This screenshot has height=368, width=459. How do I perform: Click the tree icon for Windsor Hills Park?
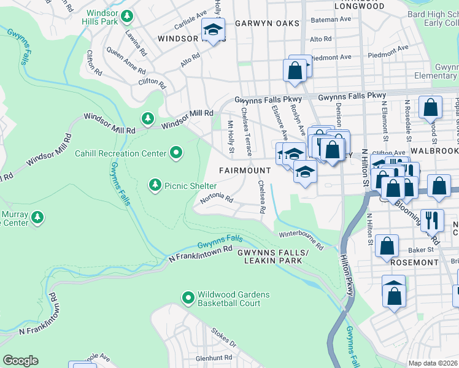tap(127, 16)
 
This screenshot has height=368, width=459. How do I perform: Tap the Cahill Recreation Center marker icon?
tap(177, 152)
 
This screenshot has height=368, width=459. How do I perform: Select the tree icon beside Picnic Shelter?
tap(155, 185)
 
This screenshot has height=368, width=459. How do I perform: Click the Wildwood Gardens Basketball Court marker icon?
tap(189, 298)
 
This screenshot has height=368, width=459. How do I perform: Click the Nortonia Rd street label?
tap(217, 199)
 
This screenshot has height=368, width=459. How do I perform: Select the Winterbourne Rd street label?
tap(301, 240)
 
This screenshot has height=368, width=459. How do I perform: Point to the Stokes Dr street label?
tap(224, 337)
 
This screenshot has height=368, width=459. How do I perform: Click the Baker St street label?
tap(420, 250)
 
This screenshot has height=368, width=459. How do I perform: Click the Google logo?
tap(20, 360)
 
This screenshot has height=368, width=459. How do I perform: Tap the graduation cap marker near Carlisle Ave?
tap(214, 30)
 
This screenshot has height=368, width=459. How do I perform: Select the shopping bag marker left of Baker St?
tap(387, 247)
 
